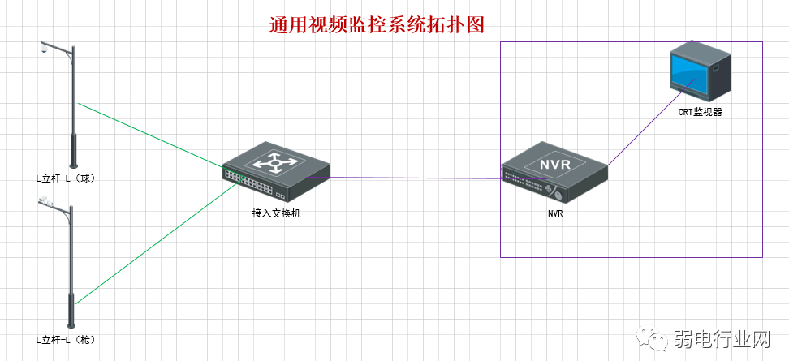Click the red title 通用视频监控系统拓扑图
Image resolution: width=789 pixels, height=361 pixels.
tap(377, 25)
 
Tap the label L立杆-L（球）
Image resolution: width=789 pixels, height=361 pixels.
tap(66, 178)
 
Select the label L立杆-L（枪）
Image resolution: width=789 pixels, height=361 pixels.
tap(66, 338)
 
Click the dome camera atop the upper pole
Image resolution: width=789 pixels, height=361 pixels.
tap(44, 51)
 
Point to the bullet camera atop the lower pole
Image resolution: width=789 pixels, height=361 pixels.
tap(45, 200)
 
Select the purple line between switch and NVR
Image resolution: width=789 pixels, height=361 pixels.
tap(414, 178)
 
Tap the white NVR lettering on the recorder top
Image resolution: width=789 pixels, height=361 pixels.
tap(555, 164)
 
